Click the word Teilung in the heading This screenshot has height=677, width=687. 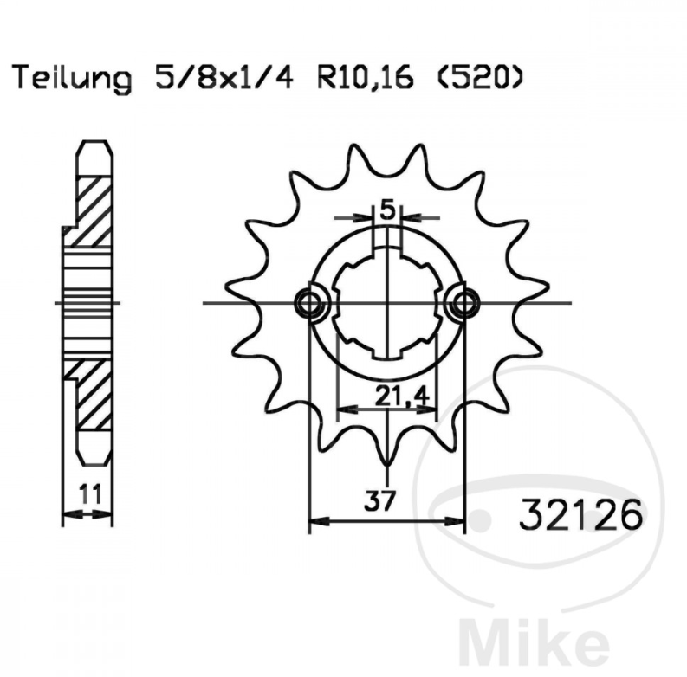click(72, 79)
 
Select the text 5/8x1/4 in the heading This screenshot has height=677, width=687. click(224, 78)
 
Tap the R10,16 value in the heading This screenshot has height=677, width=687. click(366, 79)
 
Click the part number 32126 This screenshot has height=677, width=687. click(580, 515)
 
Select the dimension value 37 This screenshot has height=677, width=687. click(379, 500)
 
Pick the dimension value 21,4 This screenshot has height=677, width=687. click(401, 397)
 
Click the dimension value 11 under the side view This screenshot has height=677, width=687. click(90, 494)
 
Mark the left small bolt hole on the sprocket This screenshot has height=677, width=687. click(310, 302)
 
